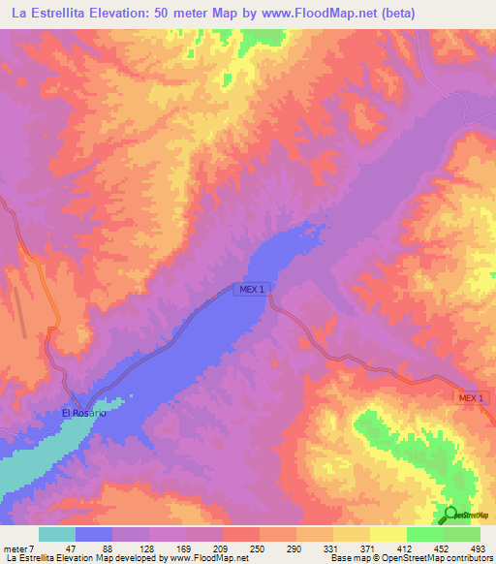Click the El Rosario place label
[83, 414]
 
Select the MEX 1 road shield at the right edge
[471, 399]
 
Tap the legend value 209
[223, 548]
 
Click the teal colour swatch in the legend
[57, 534]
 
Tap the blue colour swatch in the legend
[94, 534]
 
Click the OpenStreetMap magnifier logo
[450, 515]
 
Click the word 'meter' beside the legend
[16, 548]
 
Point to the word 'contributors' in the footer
[468, 559]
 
